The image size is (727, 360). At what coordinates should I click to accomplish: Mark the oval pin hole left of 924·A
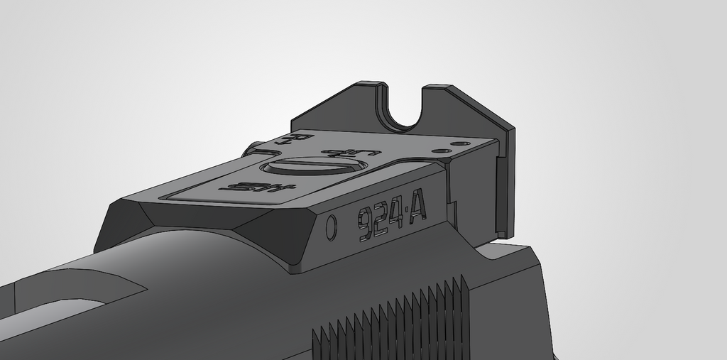point(331,228)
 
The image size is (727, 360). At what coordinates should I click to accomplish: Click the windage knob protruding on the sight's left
point(252,149)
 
